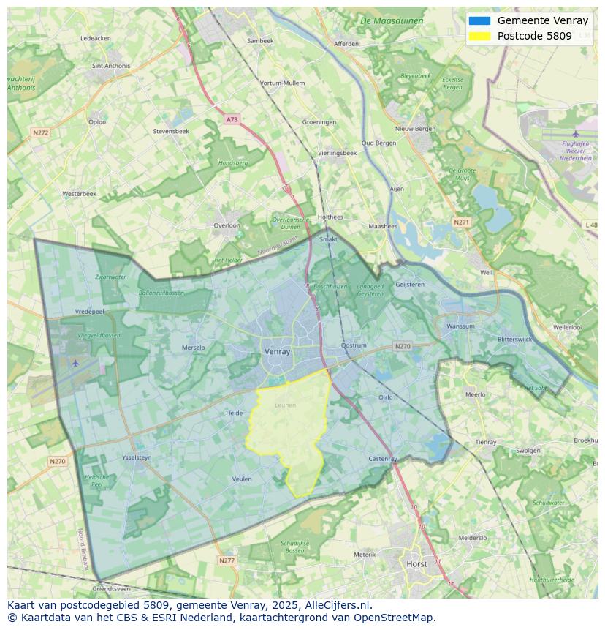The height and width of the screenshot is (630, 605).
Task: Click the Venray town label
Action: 277,352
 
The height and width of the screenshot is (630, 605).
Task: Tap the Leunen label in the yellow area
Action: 285,405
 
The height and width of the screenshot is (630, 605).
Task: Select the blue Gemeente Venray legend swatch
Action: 480,21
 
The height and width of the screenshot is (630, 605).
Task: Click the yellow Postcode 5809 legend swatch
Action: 480,36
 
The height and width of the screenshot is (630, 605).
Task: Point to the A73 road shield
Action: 232,119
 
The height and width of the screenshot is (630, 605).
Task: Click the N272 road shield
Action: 40,132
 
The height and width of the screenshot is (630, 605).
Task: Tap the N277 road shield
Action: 227,560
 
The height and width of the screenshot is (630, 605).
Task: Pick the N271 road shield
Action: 461,222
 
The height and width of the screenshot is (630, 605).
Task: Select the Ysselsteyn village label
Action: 137,458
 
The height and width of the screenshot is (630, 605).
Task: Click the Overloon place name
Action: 227,225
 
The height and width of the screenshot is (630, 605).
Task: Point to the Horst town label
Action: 417,564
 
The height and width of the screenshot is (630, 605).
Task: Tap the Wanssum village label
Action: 460,326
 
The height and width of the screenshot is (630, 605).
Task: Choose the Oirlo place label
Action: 385,397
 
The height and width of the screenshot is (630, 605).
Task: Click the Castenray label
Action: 383,459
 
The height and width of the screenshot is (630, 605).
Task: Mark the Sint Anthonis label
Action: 111,66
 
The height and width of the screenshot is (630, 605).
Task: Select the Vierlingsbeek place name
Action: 338,153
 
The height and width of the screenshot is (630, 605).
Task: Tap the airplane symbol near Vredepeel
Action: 75,362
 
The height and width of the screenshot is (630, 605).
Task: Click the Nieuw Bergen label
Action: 415,129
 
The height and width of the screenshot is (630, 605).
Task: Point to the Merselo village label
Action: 193,348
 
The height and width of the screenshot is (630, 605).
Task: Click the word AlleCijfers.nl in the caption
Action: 338,606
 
